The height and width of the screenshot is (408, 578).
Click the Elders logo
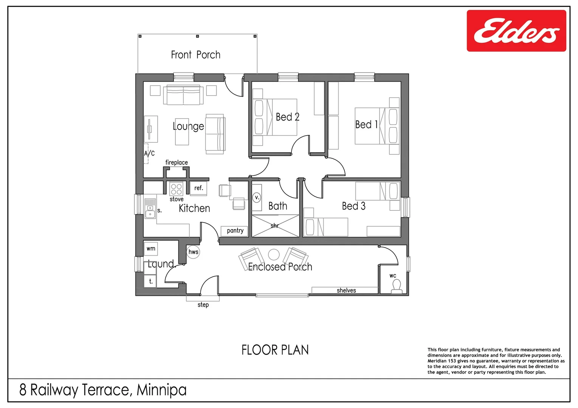[x=516, y=31]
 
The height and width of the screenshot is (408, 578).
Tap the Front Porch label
[x=195, y=55]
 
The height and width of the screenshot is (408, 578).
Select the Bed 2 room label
[x=287, y=117]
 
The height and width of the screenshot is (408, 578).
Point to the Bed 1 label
[x=366, y=125]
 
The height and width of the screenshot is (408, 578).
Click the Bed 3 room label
[x=353, y=206]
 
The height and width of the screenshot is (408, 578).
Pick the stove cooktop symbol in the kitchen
[x=176, y=189]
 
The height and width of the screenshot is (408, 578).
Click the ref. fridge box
[x=198, y=188]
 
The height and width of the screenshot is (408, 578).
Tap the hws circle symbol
[x=193, y=252]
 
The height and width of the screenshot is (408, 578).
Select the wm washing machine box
[x=151, y=249]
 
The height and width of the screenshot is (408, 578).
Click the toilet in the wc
[x=396, y=286]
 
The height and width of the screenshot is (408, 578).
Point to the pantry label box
[x=234, y=231]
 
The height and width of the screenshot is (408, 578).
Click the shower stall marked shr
[x=275, y=226]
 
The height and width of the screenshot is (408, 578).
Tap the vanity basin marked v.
[x=256, y=198]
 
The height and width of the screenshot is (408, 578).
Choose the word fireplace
[x=177, y=162]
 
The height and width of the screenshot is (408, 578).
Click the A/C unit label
[x=149, y=153]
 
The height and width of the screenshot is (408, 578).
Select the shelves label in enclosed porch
[x=346, y=291]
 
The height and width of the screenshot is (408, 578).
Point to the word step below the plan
[x=203, y=305]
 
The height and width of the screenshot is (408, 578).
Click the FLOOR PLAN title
[x=275, y=350]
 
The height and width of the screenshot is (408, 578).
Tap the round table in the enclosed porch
[x=274, y=255]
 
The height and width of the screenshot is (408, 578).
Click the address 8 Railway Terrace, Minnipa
[x=103, y=390]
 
